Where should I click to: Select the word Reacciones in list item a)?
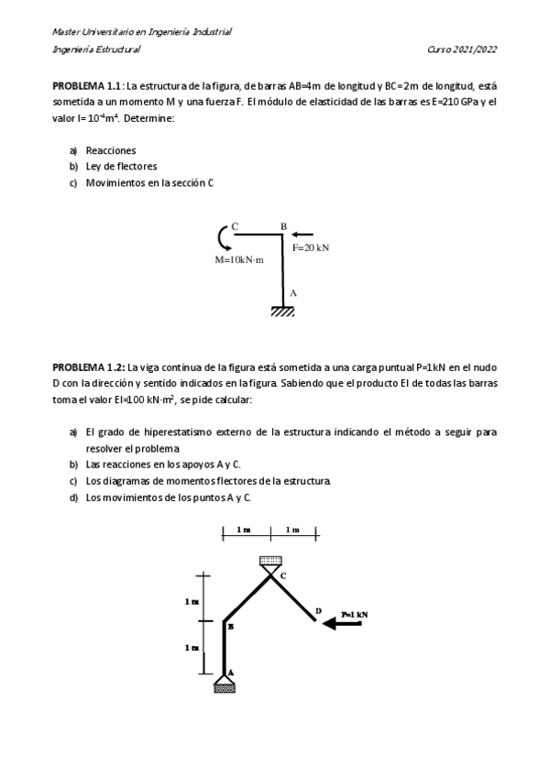point(111,149)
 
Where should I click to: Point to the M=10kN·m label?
point(239,260)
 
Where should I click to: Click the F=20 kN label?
point(311,247)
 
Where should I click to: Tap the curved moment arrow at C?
point(223,237)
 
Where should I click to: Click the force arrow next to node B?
point(302,235)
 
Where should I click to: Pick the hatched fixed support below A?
point(283,312)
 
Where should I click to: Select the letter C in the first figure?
point(235,225)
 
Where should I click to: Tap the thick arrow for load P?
point(344,624)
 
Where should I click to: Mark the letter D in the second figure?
point(318,610)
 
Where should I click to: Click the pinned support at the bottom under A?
point(225,684)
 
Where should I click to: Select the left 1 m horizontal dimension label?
point(245,530)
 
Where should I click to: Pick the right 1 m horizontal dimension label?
point(292,530)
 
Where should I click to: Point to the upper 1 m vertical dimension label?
point(191,601)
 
